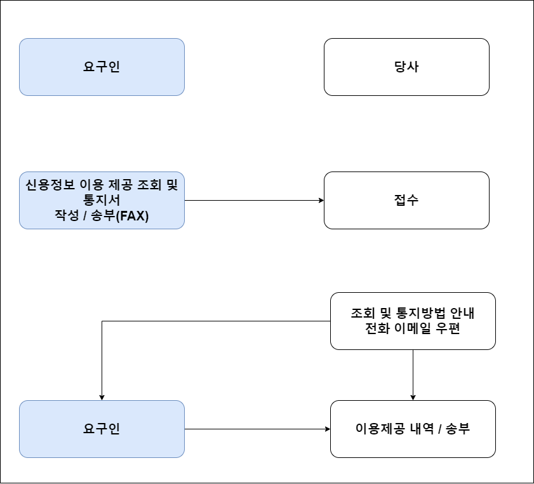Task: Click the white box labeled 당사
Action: click(x=406, y=67)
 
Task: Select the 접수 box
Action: click(x=406, y=200)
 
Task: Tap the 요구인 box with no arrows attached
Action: click(x=102, y=67)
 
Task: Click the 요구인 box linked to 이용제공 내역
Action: click(x=102, y=429)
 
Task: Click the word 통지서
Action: click(x=102, y=201)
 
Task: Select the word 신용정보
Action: click(x=48, y=185)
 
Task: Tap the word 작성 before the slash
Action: click(x=65, y=216)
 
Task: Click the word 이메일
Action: click(x=413, y=329)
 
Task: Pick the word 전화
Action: click(x=372, y=329)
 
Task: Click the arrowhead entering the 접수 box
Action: click(x=321, y=200)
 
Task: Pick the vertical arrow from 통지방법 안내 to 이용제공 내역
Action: click(x=413, y=375)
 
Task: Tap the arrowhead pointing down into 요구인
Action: click(x=102, y=397)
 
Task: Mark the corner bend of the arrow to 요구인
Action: click(x=102, y=321)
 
